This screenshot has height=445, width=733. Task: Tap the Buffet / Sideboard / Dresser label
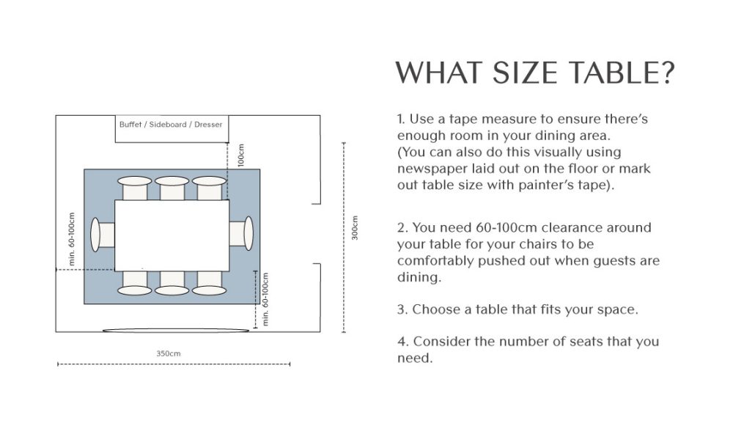(x=171, y=125)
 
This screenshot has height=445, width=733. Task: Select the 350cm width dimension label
(x=169, y=354)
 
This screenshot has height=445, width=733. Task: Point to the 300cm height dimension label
(x=355, y=228)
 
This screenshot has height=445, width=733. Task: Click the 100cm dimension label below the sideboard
(x=240, y=155)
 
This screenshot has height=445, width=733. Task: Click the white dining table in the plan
(x=172, y=235)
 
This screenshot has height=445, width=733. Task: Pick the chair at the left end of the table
(x=103, y=235)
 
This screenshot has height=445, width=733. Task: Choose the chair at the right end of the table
(x=241, y=233)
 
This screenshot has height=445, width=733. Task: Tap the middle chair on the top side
(x=172, y=188)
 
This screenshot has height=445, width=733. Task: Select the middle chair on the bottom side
(x=172, y=283)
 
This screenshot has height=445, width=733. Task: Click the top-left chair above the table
(x=135, y=188)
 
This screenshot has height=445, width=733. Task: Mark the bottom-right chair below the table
(x=209, y=283)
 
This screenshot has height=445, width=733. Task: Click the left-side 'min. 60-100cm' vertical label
(x=72, y=239)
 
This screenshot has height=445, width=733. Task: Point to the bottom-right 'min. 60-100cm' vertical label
(x=265, y=299)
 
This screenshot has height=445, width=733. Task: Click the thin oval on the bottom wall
(x=176, y=331)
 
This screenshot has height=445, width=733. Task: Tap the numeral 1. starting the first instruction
(x=401, y=119)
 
